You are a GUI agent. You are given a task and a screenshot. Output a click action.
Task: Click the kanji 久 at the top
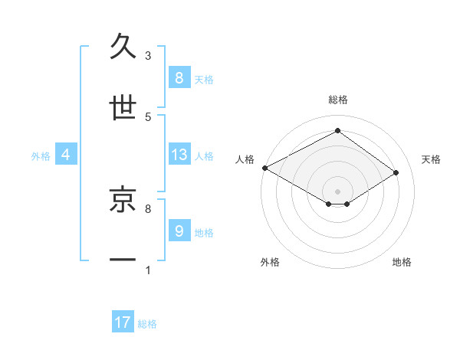pyautogui.click(x=123, y=47)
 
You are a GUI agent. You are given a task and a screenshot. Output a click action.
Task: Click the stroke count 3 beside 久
pyautogui.click(x=148, y=56)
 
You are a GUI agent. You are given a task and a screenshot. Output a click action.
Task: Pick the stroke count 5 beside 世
pyautogui.click(x=148, y=117)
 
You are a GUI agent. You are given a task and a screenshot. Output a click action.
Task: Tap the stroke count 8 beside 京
pyautogui.click(x=148, y=208)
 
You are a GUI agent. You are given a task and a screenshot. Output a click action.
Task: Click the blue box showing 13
pyautogui.click(x=179, y=155)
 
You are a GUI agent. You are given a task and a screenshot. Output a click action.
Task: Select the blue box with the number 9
pyautogui.click(x=179, y=231)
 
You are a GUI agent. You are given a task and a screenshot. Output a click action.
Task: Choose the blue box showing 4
pyautogui.click(x=66, y=155)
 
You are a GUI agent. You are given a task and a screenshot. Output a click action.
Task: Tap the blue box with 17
pyautogui.click(x=123, y=323)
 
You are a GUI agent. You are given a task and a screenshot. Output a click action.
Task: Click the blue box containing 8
pyautogui.click(x=179, y=78)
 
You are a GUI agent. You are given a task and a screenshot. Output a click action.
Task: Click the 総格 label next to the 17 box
pyautogui.click(x=147, y=324)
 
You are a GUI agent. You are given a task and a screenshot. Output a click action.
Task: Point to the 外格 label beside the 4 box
pyautogui.click(x=41, y=155)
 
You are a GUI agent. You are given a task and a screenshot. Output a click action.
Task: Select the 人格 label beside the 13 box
pyautogui.click(x=204, y=155)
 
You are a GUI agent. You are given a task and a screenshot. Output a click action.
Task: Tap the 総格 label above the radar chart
pyautogui.click(x=337, y=100)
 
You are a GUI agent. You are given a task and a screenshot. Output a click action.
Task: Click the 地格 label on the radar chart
pyautogui.click(x=402, y=262)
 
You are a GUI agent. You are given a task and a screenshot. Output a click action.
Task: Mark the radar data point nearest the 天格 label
pyautogui.click(x=396, y=173)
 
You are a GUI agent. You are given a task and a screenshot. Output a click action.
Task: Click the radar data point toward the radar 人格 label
pyautogui.click(x=264, y=168)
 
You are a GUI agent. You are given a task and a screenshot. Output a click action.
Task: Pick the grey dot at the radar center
pyautogui.click(x=337, y=191)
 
